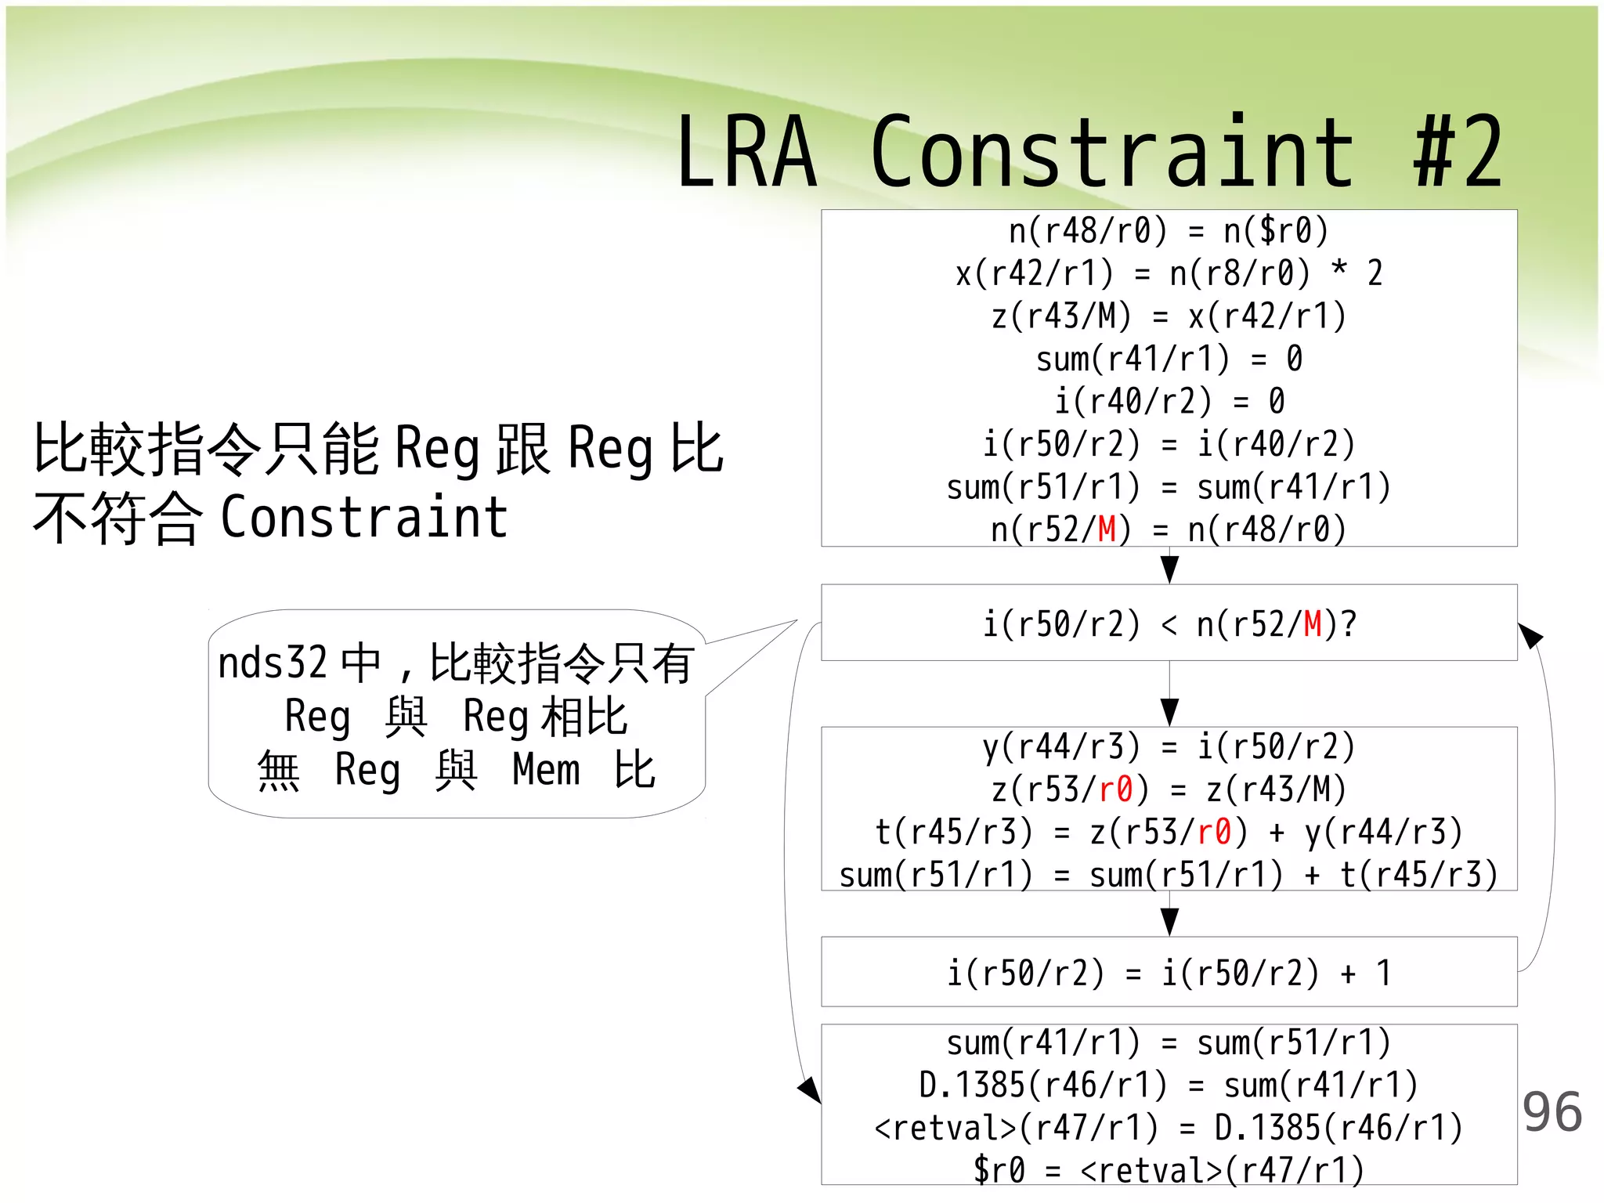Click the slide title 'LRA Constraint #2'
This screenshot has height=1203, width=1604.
tap(1089, 153)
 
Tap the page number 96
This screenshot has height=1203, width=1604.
tap(1552, 1112)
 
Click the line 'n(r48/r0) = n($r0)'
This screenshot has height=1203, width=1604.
tap(1169, 231)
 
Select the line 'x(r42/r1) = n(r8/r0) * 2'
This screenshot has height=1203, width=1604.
tap(1169, 273)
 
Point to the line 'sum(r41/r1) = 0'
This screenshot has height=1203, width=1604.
tap(1169, 359)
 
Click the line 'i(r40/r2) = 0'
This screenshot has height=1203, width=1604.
tap(1169, 401)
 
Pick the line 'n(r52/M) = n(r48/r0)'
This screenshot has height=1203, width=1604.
tap(1169, 529)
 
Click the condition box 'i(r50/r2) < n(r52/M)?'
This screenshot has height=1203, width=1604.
tap(1169, 623)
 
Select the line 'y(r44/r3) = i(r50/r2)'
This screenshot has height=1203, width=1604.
tap(1169, 746)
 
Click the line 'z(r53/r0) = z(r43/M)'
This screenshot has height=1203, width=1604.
tap(1169, 789)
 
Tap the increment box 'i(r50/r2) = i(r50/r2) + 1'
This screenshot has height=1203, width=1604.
tap(1169, 973)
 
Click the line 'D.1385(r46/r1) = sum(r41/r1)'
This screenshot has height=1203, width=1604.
tap(1169, 1086)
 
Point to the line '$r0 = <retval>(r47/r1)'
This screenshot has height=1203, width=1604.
tap(1169, 1170)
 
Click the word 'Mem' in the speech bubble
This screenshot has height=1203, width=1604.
tap(546, 769)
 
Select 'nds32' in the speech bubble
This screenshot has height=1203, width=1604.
tap(272, 663)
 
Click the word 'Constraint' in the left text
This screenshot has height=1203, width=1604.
tap(364, 517)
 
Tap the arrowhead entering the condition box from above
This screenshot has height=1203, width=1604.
tap(1169, 569)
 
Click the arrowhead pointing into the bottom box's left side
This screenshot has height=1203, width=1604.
tap(810, 1089)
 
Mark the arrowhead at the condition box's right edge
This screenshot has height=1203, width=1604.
tap(1530, 634)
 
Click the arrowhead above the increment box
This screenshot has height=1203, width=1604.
tap(1169, 922)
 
